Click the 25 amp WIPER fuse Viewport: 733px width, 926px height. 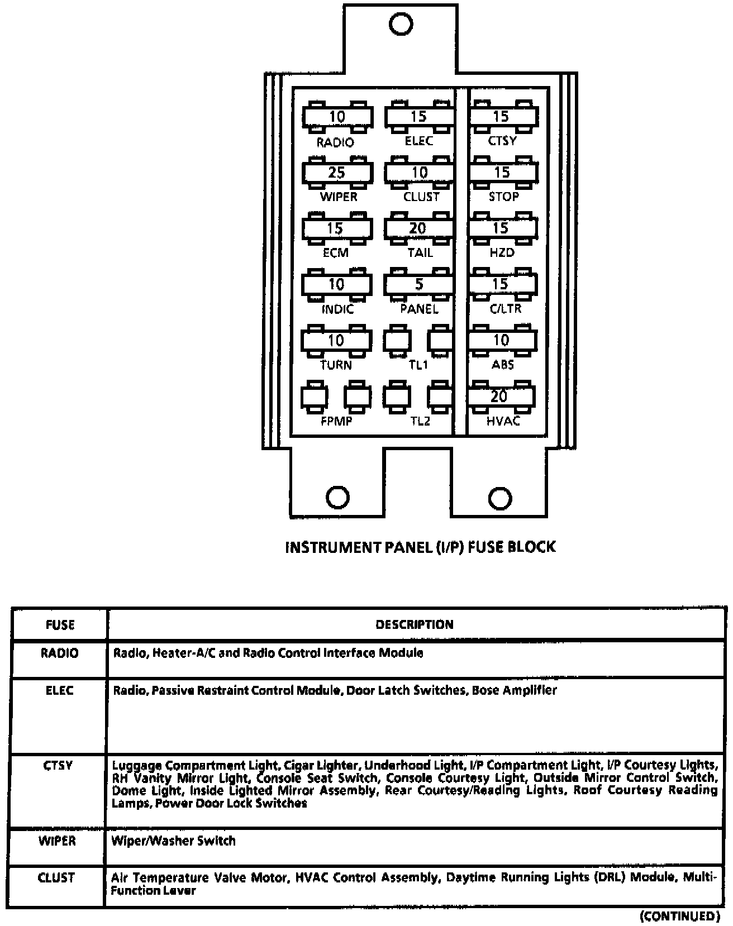tap(337, 173)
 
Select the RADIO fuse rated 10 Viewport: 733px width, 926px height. tap(337, 117)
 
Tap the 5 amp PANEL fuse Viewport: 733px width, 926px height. tap(419, 284)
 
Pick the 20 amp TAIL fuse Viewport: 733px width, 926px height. tap(418, 228)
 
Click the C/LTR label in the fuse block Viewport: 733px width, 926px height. tap(505, 309)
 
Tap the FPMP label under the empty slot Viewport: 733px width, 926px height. tap(336, 421)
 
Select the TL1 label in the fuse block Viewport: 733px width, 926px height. tap(418, 365)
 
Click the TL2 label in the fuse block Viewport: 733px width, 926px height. tap(420, 421)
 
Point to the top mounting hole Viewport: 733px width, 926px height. tap(401, 24)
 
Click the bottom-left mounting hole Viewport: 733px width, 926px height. tap(337, 497)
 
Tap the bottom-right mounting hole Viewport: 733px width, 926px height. tap(499, 498)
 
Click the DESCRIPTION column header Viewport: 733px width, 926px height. tap(415, 624)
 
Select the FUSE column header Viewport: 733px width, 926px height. tap(60, 625)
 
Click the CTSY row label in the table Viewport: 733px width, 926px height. tap(58, 765)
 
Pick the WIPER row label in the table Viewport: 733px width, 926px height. tap(57, 841)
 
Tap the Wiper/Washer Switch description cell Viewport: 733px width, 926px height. tap(173, 841)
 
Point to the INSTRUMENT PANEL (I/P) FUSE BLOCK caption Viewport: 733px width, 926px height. tap(420, 547)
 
